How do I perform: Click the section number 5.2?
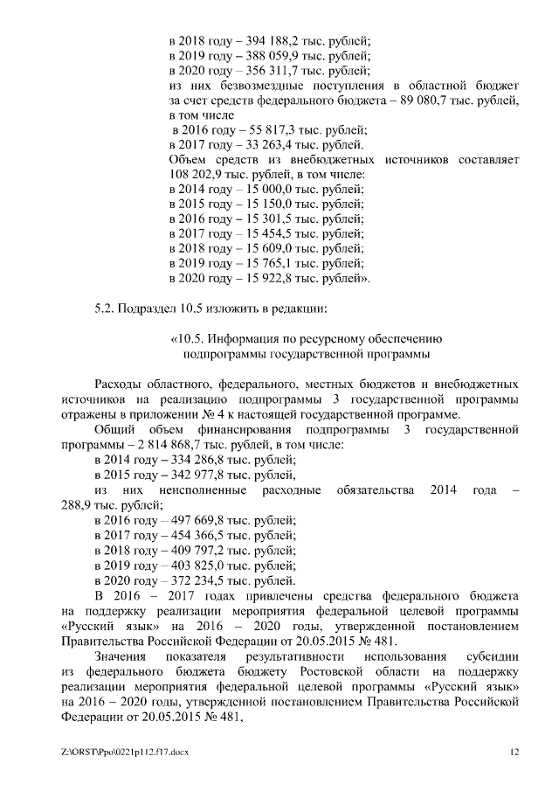(105, 309)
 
